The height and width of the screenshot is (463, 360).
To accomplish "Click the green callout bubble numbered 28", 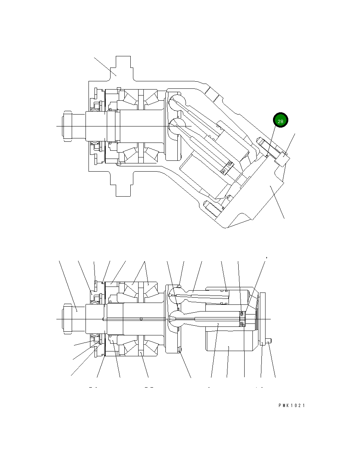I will pos(280,121).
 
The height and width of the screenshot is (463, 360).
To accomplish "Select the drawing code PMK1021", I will pos(291,406).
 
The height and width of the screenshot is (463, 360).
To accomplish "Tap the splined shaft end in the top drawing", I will pos(68,126).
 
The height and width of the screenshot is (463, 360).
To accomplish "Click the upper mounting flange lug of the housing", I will pos(123,67).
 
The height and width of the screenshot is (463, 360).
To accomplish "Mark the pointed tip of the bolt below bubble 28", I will pos(259,140).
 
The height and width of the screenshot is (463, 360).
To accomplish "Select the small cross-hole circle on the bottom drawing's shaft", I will pos(141,319).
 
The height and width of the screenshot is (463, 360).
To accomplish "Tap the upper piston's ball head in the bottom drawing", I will pos(174,293).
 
